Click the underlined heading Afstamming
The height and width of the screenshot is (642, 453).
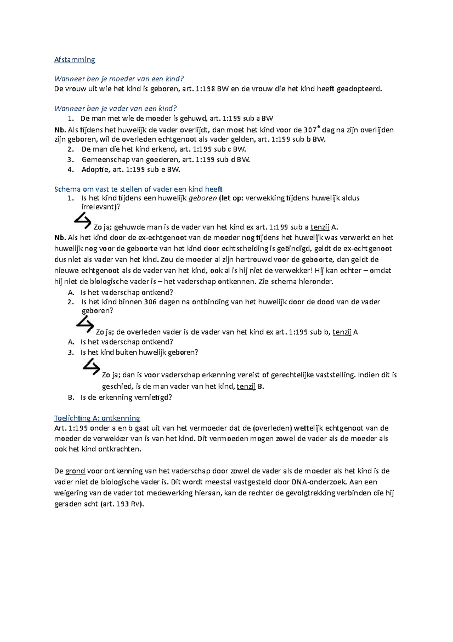[74, 60]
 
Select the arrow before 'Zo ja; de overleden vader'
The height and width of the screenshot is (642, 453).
[85, 325]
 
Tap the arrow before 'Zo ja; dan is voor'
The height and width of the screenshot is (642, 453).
[91, 367]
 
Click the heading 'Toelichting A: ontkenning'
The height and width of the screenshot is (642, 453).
[97, 418]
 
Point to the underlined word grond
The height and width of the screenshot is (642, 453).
[75, 471]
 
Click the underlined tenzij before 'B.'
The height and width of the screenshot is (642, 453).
[246, 386]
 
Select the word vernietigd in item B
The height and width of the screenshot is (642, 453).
[155, 397]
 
